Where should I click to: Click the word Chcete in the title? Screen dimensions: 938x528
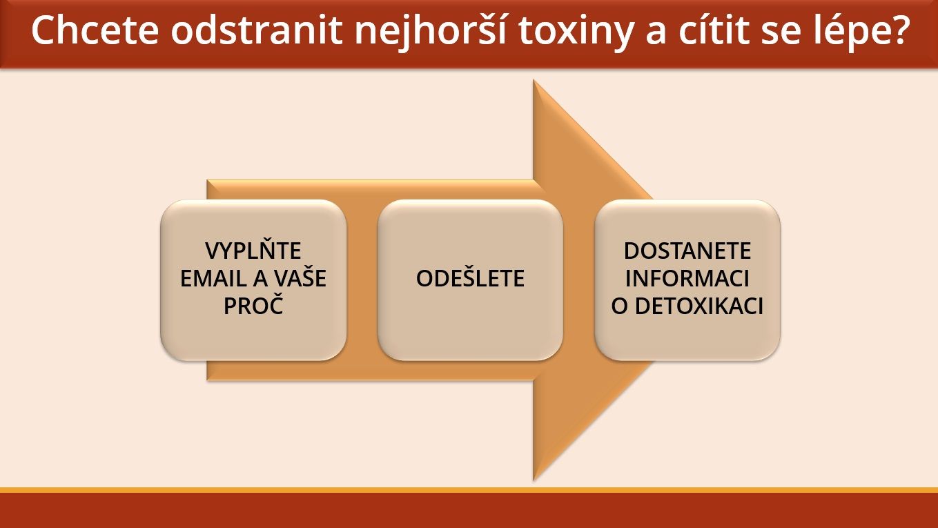[95, 30]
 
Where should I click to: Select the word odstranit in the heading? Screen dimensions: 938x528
[257, 30]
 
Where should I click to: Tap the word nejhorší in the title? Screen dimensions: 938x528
[431, 32]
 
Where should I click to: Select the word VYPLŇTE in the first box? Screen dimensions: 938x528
[253, 251]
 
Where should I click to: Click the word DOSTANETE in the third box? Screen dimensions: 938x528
[687, 251]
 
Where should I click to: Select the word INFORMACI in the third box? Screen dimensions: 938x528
[687, 278]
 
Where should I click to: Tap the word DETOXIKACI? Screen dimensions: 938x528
[699, 306]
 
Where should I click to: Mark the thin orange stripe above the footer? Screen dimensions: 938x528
[469, 490]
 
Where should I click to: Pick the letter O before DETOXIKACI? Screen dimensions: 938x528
[620, 306]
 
